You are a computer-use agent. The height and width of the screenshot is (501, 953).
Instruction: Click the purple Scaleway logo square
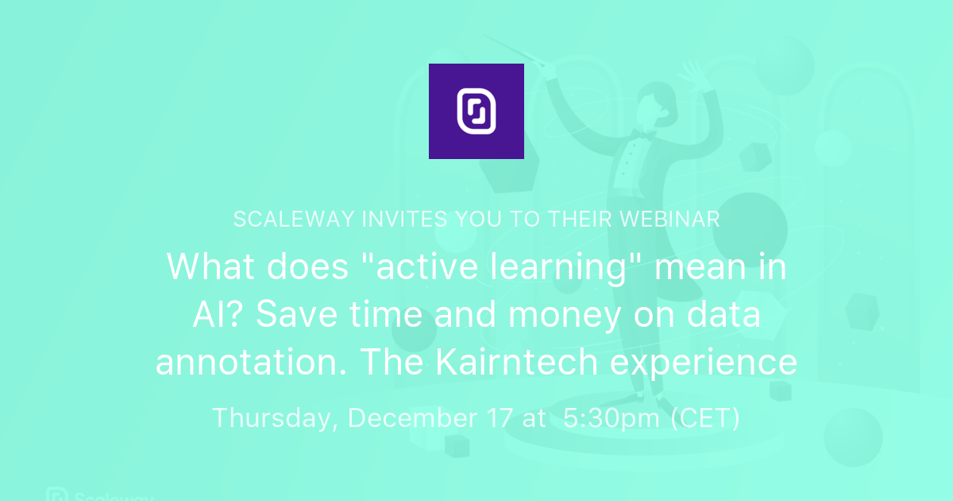coord(476,111)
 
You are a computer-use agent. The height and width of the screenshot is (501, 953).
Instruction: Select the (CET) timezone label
coord(706,418)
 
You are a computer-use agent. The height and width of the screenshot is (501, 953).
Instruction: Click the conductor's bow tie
coord(642,136)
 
